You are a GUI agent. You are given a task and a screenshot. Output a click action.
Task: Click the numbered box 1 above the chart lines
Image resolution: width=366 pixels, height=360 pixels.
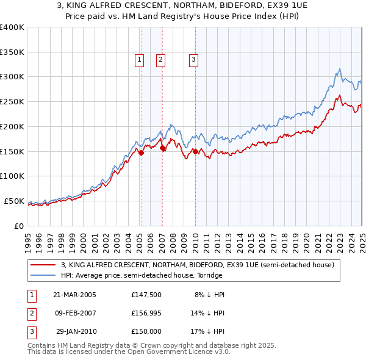[140, 59]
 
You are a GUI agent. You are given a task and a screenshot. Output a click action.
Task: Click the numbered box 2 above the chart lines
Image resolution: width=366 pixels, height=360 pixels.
[160, 59]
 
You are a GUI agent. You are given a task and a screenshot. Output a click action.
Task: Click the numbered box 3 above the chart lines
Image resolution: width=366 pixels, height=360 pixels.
[193, 59]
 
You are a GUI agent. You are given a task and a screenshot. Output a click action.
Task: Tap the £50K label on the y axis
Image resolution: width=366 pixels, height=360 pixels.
[14, 201]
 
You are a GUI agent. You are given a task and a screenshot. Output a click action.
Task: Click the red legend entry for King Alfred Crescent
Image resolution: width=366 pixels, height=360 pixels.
[197, 265]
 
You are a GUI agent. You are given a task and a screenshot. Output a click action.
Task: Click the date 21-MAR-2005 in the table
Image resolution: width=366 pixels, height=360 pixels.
[75, 295]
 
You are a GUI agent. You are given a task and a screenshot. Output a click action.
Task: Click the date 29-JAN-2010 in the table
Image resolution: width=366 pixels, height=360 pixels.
[76, 333]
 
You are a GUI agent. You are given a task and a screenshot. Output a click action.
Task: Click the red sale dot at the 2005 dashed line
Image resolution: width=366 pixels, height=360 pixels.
[141, 153]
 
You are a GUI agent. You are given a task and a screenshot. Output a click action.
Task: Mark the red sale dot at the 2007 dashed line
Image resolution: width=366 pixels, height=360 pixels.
[162, 148]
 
